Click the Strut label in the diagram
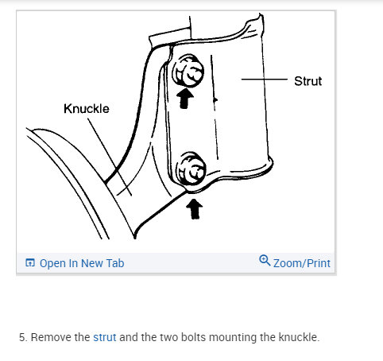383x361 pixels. tap(308, 80)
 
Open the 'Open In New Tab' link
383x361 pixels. tap(81, 262)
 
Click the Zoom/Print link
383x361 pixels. tap(301, 262)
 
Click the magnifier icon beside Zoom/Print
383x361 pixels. tap(265, 262)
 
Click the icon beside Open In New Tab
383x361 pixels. tap(30, 262)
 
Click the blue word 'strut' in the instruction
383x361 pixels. tap(105, 337)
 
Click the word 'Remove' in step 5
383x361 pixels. tap(50, 337)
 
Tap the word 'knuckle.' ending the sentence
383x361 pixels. tap(298, 337)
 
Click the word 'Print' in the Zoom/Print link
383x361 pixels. tap(316, 262)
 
